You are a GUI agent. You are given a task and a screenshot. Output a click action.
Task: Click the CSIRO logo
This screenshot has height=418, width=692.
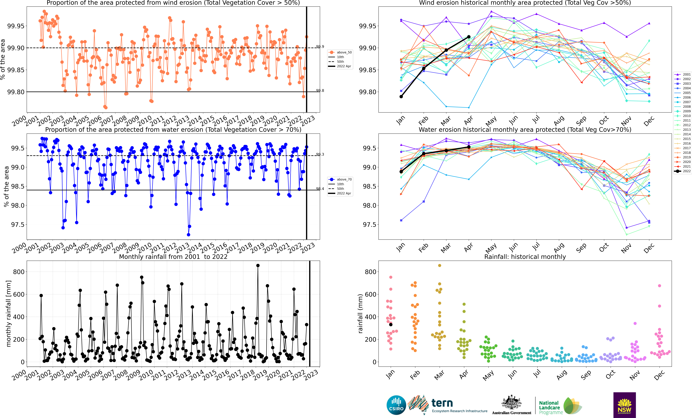coord(396,405)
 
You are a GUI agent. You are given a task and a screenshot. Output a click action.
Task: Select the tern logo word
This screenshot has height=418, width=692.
coord(442,403)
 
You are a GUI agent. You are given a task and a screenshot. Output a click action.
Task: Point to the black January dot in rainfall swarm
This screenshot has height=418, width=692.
coord(391,325)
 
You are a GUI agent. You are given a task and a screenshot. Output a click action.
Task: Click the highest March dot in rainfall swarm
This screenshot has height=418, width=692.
coord(440,265)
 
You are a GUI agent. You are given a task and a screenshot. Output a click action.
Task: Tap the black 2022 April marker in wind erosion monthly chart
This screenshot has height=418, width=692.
coord(469,37)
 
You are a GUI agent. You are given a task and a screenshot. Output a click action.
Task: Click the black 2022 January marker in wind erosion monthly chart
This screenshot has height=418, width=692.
coord(401,97)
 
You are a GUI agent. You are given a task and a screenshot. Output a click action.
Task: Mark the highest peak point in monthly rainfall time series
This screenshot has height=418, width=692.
coord(258,265)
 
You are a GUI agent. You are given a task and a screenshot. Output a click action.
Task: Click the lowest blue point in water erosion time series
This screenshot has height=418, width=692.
coord(188,235)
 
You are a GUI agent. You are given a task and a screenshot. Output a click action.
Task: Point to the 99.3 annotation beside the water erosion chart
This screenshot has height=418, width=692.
coord(320,154)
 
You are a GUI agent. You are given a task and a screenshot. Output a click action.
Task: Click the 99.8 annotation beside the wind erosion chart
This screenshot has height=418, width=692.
coord(320,90)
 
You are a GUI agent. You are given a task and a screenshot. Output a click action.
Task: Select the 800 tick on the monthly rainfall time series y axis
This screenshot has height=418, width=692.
coord(19,272)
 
